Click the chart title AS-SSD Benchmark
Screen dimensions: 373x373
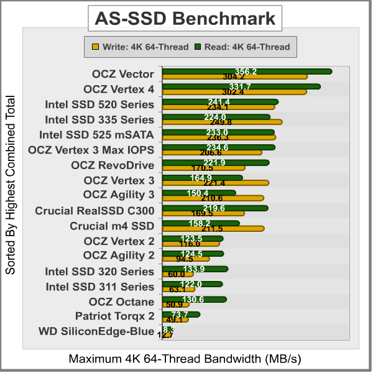185,19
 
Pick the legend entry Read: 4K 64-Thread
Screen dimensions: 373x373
244,46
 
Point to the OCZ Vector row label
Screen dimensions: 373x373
123,74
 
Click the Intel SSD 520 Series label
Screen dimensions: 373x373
99,104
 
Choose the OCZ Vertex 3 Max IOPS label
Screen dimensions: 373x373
91,150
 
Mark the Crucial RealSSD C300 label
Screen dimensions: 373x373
94,211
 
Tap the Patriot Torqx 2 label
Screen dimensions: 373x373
114,316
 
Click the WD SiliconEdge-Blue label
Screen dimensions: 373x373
96,331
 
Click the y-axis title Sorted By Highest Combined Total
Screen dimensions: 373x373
11,185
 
